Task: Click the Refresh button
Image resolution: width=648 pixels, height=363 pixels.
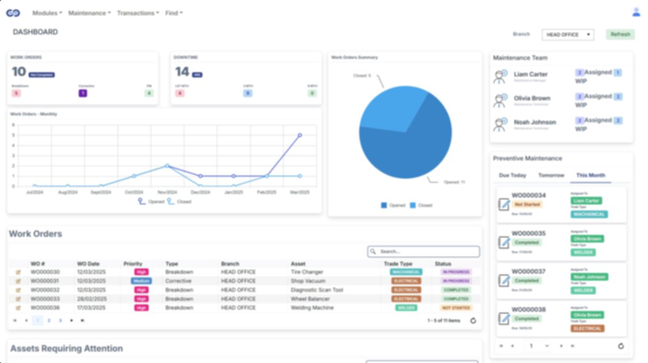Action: click(x=620, y=34)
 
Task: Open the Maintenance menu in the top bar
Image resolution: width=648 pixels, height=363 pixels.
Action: click(x=89, y=13)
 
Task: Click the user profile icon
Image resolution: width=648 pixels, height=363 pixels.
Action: click(x=636, y=12)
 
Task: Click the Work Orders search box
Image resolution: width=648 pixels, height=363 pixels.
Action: click(x=423, y=251)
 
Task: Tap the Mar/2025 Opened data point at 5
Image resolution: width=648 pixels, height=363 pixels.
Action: click(x=300, y=135)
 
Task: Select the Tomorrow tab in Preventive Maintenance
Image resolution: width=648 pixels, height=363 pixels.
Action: click(x=551, y=175)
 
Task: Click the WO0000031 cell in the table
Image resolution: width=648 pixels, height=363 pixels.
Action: click(x=45, y=281)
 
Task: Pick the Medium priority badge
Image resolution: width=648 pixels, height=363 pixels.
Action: click(x=142, y=281)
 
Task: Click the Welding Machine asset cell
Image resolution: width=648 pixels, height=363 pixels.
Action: click(x=312, y=308)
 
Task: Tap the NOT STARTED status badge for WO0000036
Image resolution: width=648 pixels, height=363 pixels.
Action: click(x=456, y=308)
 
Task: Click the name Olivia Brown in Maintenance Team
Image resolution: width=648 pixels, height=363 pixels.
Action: click(x=531, y=98)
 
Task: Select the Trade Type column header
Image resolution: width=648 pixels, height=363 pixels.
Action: click(x=398, y=264)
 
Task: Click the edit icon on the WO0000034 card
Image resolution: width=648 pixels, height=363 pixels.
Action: click(x=504, y=204)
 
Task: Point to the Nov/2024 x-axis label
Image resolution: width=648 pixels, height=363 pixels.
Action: click(x=167, y=192)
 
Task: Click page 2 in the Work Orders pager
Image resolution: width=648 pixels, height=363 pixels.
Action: click(x=49, y=320)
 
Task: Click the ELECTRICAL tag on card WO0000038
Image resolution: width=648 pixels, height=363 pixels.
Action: click(x=588, y=328)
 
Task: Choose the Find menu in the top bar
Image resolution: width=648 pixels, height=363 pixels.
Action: click(x=174, y=13)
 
